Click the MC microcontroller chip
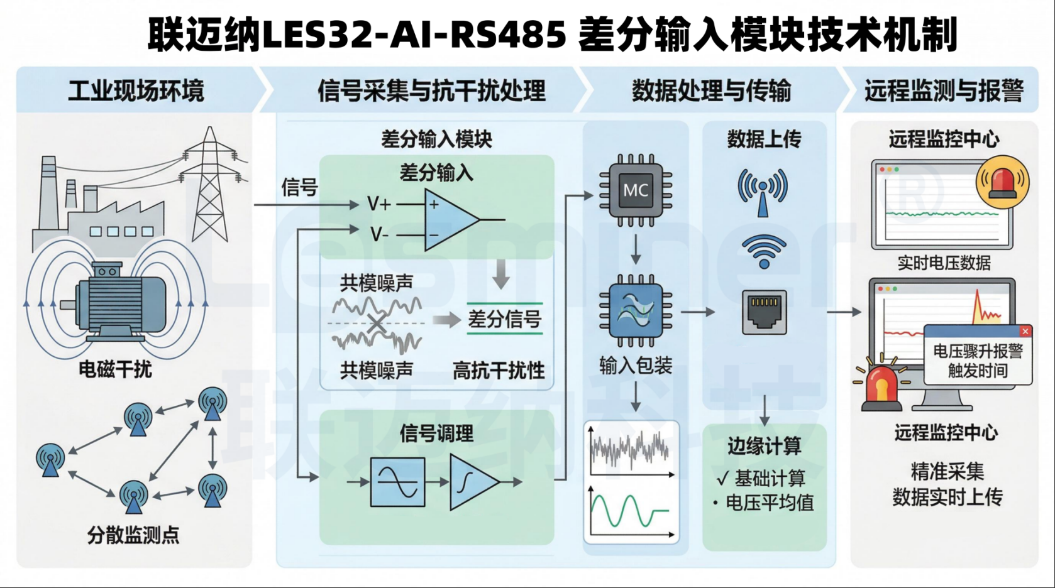pyautogui.click(x=635, y=190)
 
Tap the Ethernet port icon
pyautogui.click(x=764, y=312)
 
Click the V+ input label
pyautogui.click(x=379, y=204)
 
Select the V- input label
pyautogui.click(x=379, y=235)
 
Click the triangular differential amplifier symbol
pyautogui.click(x=450, y=220)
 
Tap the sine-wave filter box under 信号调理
pyautogui.click(x=397, y=482)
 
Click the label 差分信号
pyautogui.click(x=504, y=320)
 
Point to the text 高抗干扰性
pyautogui.click(x=499, y=371)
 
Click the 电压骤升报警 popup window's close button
pyautogui.click(x=1025, y=331)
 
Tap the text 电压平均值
pyautogui.click(x=770, y=503)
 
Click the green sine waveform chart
pyautogui.click(x=631, y=511)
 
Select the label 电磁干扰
pyautogui.click(x=115, y=369)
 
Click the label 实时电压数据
pyautogui.click(x=944, y=263)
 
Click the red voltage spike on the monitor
pyautogui.click(x=978, y=307)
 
